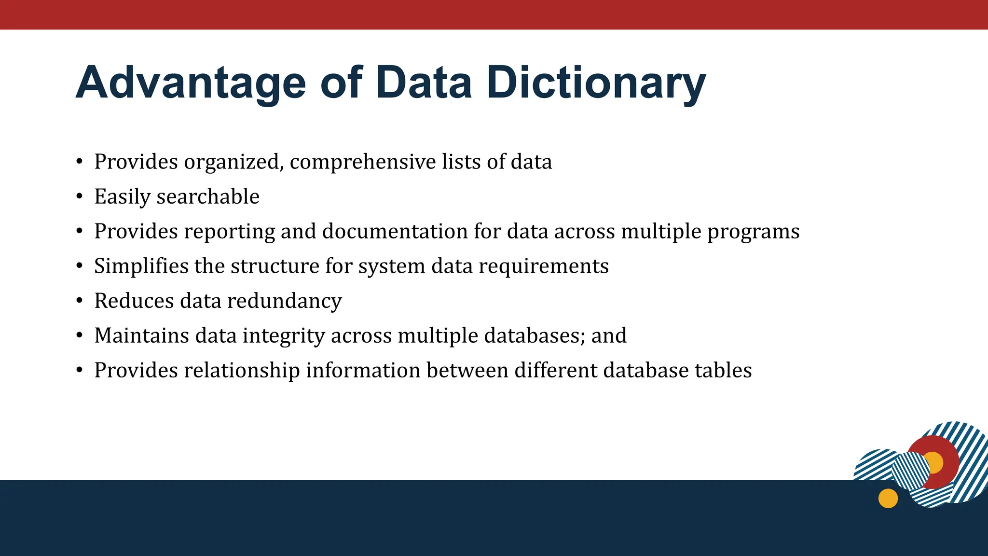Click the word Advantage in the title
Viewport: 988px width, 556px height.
(x=191, y=83)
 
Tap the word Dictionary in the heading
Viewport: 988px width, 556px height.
(x=596, y=83)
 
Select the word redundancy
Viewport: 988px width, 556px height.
(x=284, y=301)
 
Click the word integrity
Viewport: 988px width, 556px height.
(x=284, y=336)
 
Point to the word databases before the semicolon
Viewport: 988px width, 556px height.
(x=534, y=335)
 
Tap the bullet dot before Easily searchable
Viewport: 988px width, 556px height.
(x=80, y=197)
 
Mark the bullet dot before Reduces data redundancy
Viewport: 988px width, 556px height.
(x=80, y=301)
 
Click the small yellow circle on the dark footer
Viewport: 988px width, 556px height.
(x=888, y=498)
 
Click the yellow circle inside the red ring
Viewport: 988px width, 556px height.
(x=933, y=462)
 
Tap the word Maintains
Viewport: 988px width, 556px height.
(x=141, y=336)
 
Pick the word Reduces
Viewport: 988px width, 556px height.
(x=134, y=301)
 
